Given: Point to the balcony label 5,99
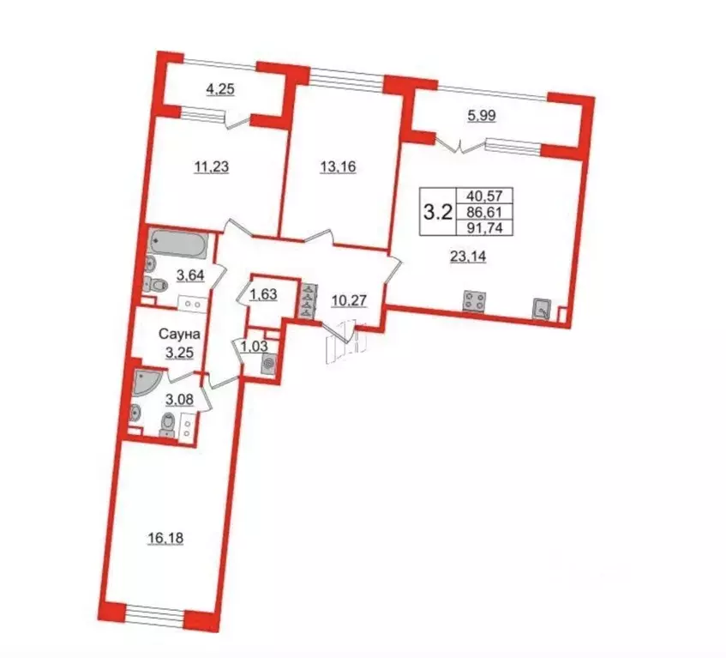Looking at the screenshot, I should tap(481, 118).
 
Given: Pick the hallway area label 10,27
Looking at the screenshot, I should tap(348, 301).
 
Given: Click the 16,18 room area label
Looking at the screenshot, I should tap(165, 539).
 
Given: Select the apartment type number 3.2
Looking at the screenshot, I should tap(439, 211).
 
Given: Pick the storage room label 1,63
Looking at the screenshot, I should tap(262, 296).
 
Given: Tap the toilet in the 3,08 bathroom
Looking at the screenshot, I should tap(170, 425).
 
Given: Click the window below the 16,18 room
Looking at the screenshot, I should tap(154, 614).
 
